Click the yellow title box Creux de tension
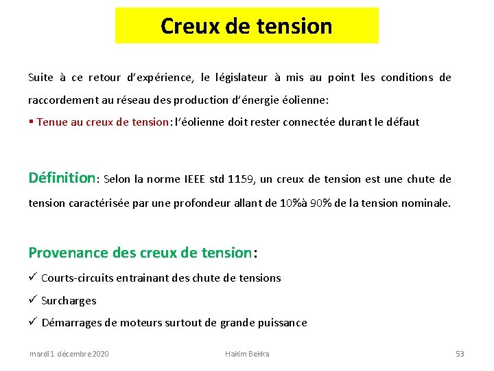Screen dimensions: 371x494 246,26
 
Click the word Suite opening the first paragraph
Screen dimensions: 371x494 40,78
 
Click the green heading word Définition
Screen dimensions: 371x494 62,178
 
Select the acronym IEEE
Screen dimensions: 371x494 196,179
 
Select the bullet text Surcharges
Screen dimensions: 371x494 69,301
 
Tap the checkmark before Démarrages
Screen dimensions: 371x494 33,322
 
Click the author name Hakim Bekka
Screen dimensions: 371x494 247,354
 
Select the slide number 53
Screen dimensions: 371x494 460,354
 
